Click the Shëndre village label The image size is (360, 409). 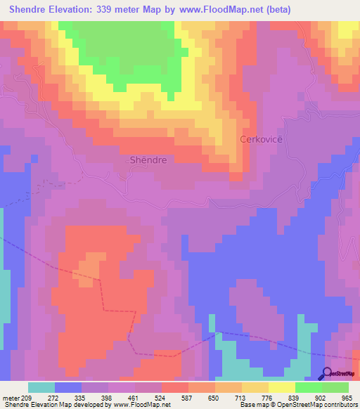coord(148,160)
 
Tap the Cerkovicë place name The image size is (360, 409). coord(261,139)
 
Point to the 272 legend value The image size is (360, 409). coord(55,398)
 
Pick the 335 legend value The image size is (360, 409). coord(82,398)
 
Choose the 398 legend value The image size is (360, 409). coord(108,398)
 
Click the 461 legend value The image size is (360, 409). coord(135,398)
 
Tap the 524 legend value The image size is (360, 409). coord(162,398)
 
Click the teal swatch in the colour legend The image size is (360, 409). coord(41,387)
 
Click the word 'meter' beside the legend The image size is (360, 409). coord(11,398)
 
